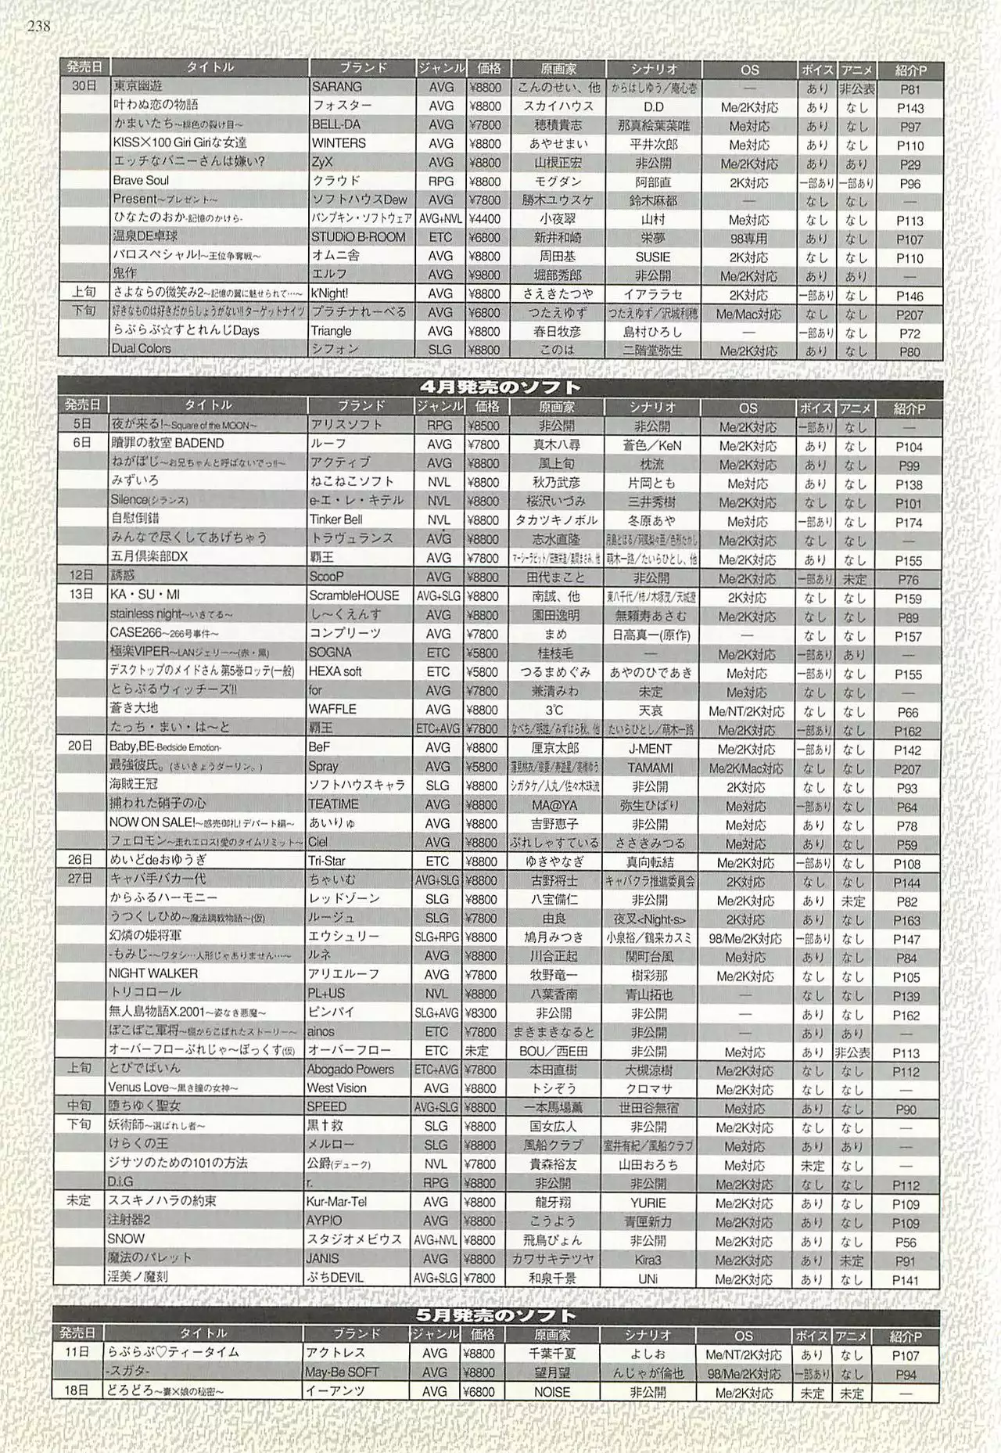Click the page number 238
[38, 27]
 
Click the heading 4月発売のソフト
[500, 387]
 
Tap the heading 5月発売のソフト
[497, 1315]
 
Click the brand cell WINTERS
[339, 143]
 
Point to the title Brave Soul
[140, 181]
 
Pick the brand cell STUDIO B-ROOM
[358, 237]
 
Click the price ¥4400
[485, 219]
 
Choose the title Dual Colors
[141, 349]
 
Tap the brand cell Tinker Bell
[336, 520]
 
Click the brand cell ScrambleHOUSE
[353, 595]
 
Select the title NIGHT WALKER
[153, 973]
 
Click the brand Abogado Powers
[350, 1069]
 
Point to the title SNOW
[127, 1239]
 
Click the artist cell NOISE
[552, 1393]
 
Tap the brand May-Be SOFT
[343, 1372]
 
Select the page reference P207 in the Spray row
[907, 769]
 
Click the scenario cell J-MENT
[651, 748]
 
